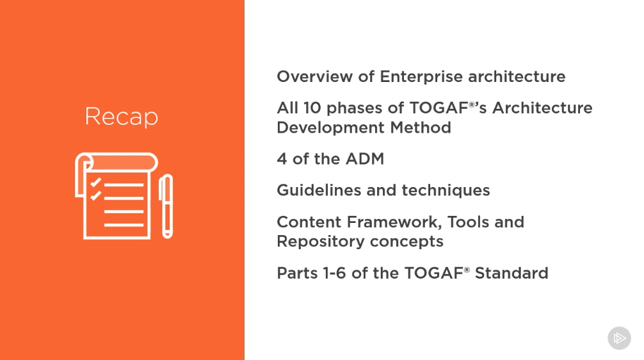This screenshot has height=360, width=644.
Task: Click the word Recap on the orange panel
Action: (121, 117)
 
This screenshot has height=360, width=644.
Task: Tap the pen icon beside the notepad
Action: (166, 206)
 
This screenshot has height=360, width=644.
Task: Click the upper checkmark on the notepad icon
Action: (95, 182)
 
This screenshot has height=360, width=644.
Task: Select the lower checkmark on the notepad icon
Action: (95, 195)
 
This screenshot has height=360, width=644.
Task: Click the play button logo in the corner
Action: (619, 338)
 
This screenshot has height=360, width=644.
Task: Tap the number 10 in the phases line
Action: (312, 108)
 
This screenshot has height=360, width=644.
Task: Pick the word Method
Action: (421, 128)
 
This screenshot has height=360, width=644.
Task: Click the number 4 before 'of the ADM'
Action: (282, 159)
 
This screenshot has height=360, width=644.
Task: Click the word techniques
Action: (446, 191)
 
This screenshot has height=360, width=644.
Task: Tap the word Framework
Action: (395, 222)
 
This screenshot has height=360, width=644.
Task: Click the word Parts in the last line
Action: (298, 274)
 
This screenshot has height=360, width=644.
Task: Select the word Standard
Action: (511, 274)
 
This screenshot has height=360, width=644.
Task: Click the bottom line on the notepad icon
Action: (124, 225)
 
